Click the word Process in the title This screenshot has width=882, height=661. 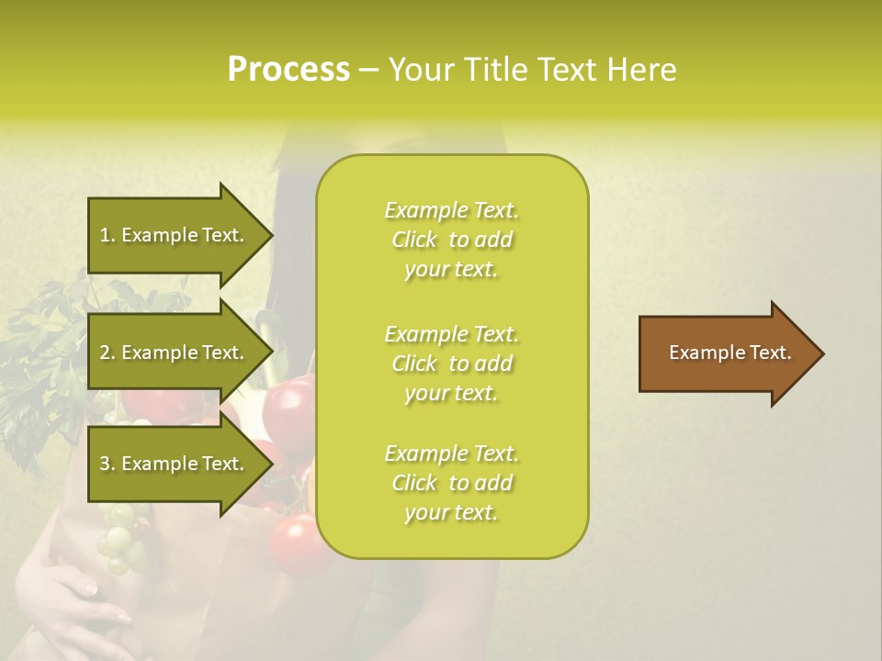tap(288, 70)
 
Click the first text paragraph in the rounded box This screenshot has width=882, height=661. tap(451, 240)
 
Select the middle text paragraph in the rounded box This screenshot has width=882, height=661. tap(451, 364)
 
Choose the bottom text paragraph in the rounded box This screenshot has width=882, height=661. tap(451, 483)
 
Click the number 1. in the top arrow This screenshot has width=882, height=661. tap(107, 235)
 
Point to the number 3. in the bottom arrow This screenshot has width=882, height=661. tap(107, 464)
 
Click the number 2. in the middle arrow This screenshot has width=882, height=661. tap(107, 353)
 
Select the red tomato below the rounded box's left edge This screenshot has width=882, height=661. tap(299, 542)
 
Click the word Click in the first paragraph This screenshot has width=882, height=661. tap(414, 240)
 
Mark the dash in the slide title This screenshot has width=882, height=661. tap(368, 70)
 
